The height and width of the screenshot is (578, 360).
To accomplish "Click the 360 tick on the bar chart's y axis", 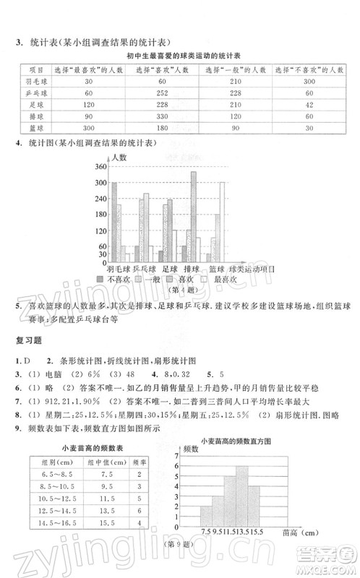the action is click(100, 167).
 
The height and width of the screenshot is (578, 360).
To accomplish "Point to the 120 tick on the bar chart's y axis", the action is click(100, 231).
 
